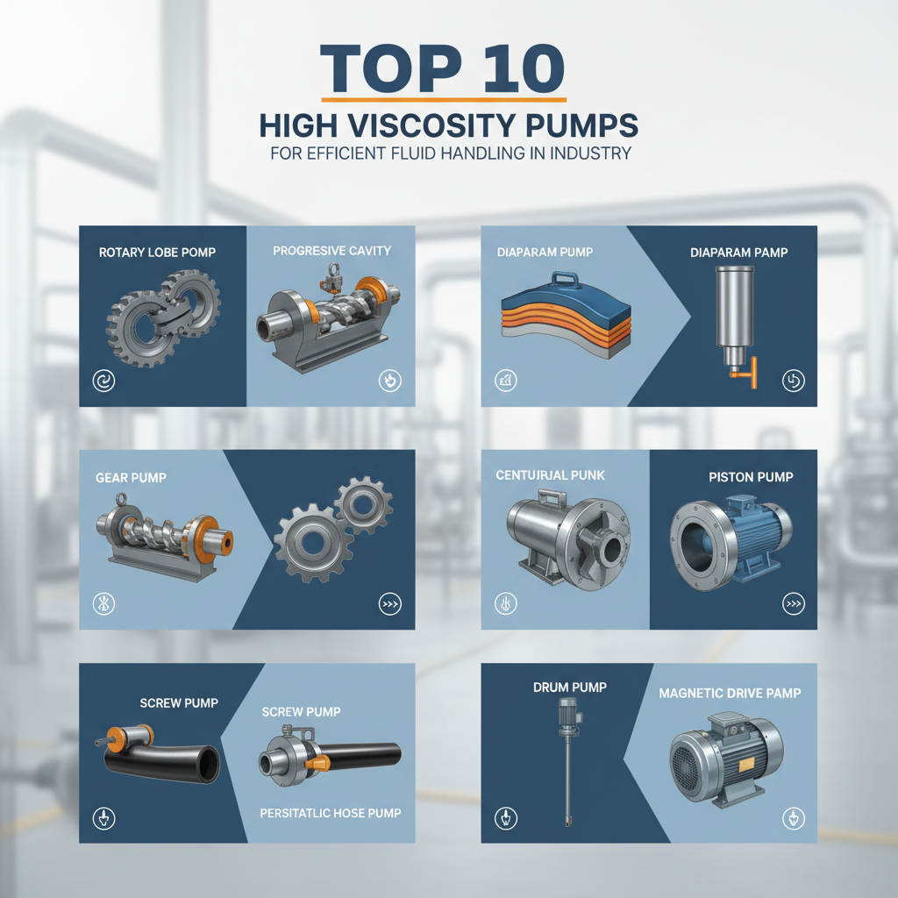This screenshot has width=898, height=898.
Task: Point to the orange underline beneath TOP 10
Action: click(444, 99)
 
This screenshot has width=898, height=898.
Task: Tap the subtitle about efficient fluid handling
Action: click(448, 153)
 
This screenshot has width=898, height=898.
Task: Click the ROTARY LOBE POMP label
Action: click(157, 253)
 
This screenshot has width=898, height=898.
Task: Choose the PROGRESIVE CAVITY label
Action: click(331, 251)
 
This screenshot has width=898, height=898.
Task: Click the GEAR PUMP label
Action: click(131, 478)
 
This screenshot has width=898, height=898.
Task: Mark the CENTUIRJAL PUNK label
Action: click(550, 475)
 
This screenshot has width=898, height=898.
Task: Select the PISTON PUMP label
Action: click(751, 477)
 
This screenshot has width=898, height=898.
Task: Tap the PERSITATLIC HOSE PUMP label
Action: click(331, 813)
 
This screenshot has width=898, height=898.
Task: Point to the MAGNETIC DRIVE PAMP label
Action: click(730, 694)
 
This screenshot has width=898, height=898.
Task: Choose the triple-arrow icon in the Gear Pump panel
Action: click(388, 603)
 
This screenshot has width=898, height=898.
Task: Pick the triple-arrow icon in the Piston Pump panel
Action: click(792, 603)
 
